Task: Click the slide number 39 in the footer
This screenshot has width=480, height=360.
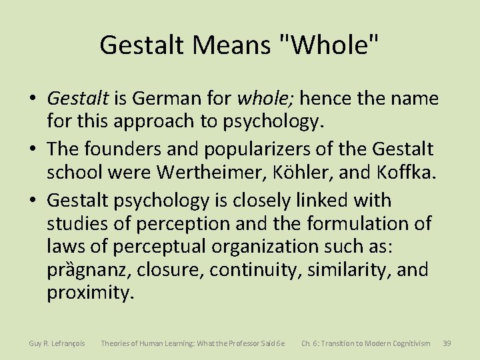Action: (447, 343)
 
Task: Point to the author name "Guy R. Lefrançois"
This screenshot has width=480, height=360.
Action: (57, 343)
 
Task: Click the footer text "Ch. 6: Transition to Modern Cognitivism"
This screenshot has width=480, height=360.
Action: (366, 343)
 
